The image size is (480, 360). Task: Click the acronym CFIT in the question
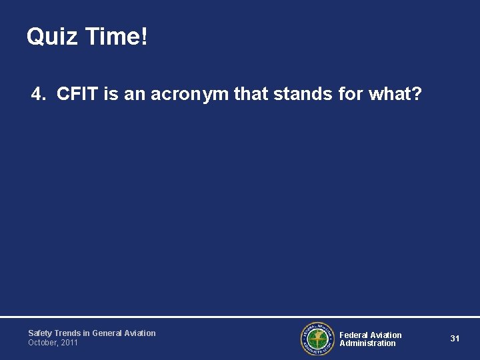click(x=79, y=94)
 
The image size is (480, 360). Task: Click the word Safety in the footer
click(x=39, y=333)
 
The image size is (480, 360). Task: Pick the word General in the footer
click(x=107, y=333)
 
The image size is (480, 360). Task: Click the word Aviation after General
click(x=139, y=333)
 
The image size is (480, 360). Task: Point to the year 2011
click(x=69, y=343)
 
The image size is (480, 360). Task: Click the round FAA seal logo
click(x=316, y=339)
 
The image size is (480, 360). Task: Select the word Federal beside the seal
click(x=353, y=335)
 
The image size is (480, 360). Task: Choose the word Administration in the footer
click(x=367, y=343)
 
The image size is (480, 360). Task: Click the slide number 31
click(x=455, y=339)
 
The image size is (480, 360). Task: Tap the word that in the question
click(x=249, y=94)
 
